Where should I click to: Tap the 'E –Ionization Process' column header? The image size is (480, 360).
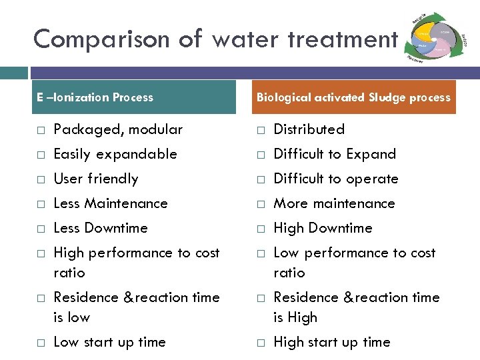tap(95, 97)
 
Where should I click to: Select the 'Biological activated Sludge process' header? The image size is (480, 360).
tap(353, 97)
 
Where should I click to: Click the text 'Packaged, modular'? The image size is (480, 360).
tap(117, 129)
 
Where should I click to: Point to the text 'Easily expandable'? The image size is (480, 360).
tap(115, 154)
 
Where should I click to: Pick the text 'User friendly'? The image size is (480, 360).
tap(95, 179)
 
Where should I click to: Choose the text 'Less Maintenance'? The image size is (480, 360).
tap(110, 203)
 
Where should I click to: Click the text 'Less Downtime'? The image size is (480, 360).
tap(100, 228)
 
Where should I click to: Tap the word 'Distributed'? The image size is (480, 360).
tap(309, 129)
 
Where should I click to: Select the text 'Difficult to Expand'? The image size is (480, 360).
tap(335, 154)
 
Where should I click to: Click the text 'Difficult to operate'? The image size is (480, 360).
tap(336, 179)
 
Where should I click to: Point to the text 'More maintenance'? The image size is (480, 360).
tap(334, 203)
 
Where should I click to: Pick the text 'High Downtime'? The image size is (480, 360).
tap(323, 228)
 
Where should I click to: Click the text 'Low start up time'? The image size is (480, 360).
tap(109, 342)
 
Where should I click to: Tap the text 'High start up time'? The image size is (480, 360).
tap(331, 342)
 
